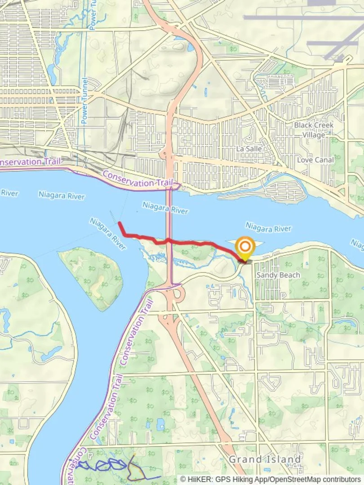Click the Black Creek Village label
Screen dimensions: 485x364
pyautogui.click(x=314, y=130)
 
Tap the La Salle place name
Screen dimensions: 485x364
pyautogui.click(x=249, y=149)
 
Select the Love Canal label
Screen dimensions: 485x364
pyautogui.click(x=315, y=160)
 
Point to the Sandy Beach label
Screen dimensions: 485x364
pyautogui.click(x=272, y=275)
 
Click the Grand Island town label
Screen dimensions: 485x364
pyautogui.click(x=265, y=459)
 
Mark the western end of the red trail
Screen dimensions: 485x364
pyautogui.click(x=120, y=223)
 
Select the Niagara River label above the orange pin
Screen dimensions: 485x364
pyautogui.click(x=268, y=228)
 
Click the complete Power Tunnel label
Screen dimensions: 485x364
pyautogui.click(x=84, y=101)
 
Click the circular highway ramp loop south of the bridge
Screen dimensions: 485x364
pyautogui.click(x=178, y=295)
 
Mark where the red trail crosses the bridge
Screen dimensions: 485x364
pyautogui.click(x=169, y=241)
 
